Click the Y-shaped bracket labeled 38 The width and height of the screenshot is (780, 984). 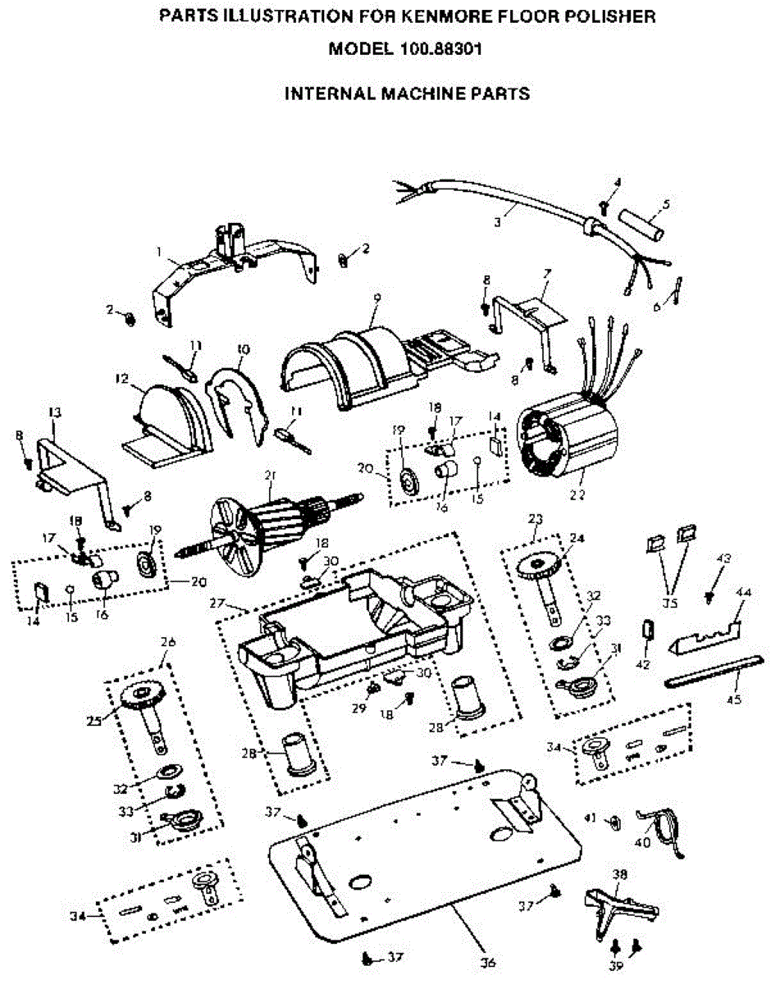click(619, 902)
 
